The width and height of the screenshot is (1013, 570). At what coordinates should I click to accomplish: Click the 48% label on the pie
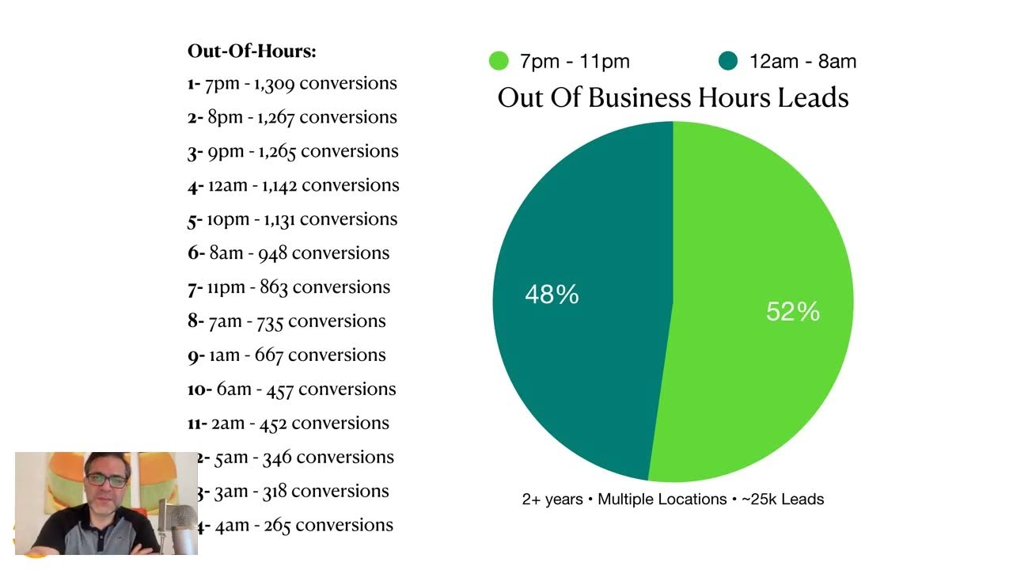(552, 294)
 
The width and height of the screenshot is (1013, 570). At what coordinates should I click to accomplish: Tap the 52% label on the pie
(792, 311)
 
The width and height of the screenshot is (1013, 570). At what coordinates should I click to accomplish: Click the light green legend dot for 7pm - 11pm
(499, 61)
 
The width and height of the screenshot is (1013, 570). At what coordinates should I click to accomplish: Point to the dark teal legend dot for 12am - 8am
(728, 61)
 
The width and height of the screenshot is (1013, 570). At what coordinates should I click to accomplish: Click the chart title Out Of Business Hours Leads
(673, 97)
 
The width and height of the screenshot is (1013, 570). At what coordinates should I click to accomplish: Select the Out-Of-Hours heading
(252, 51)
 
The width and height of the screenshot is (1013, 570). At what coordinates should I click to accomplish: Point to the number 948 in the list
(272, 253)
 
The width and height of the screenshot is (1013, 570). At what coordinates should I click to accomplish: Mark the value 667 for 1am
(268, 355)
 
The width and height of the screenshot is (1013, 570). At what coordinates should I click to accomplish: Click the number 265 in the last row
(278, 526)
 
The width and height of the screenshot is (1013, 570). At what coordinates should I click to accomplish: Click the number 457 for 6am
(280, 389)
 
